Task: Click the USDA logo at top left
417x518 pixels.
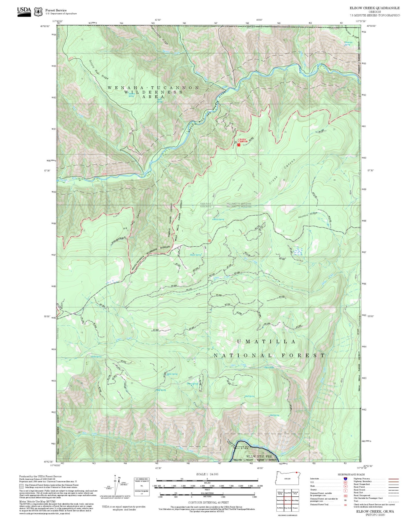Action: click(24, 11)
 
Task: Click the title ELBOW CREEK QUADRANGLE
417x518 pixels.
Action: click(374, 8)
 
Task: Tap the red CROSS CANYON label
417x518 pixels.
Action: click(242, 140)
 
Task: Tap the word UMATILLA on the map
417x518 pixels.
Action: click(266, 342)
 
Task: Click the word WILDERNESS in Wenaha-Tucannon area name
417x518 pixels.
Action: click(153, 92)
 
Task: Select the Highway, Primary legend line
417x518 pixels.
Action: click(394, 479)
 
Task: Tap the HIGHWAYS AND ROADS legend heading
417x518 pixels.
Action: click(351, 474)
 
